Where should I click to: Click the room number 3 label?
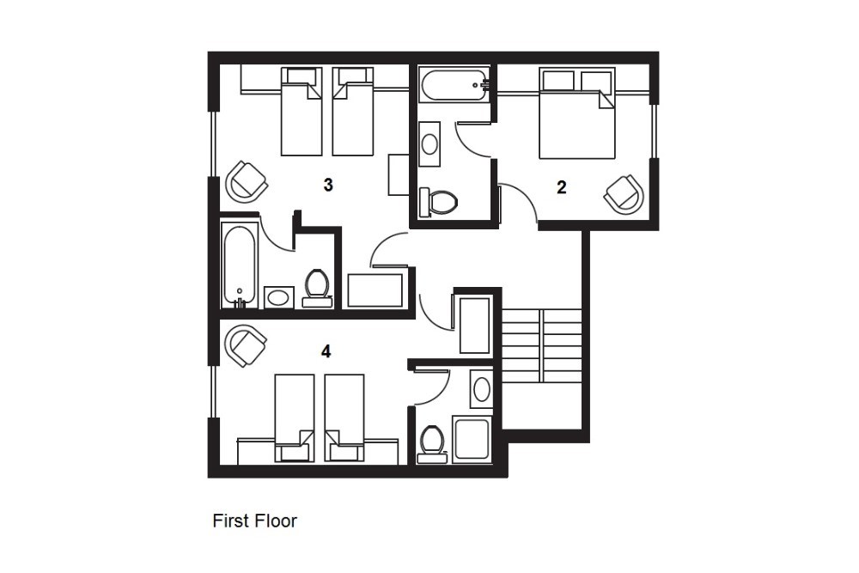tap(328, 186)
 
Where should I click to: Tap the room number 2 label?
tap(561, 187)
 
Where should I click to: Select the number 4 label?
tap(326, 351)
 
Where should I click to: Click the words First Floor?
tap(255, 521)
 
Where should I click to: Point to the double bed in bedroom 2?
tap(577, 113)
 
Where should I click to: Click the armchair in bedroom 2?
tap(624, 194)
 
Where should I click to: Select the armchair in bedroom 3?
tap(247, 180)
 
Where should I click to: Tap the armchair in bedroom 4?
tap(247, 345)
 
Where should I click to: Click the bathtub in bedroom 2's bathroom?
tap(454, 84)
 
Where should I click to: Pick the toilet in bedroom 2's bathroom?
tap(438, 202)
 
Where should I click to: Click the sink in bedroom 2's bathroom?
tap(429, 144)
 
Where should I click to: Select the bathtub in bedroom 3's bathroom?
tap(240, 265)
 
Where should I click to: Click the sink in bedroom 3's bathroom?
tap(279, 297)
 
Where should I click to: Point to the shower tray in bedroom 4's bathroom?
tap(471, 440)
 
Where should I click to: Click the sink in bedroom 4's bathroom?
tap(482, 389)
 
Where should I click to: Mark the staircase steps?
tap(542, 345)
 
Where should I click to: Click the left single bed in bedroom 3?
tap(301, 112)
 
